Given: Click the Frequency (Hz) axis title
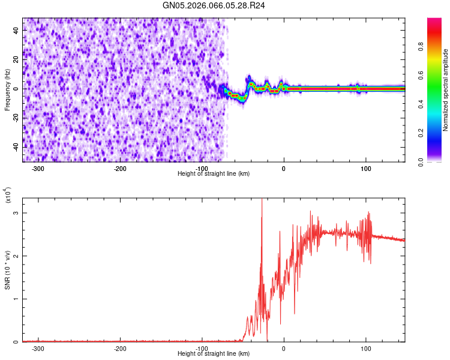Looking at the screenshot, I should (x=7, y=90).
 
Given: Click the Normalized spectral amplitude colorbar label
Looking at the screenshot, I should (x=446, y=90).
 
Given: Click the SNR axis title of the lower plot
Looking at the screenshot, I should (x=7, y=270).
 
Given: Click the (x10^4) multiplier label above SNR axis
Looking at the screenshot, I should (x=8, y=195).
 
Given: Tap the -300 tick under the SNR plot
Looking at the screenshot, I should (x=38, y=348).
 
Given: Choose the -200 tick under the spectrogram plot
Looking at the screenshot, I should (x=120, y=169).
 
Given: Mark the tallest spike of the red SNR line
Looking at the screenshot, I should (x=262, y=200).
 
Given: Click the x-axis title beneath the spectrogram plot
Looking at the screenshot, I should (x=214, y=174).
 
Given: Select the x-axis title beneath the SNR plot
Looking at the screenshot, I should (x=214, y=354).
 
